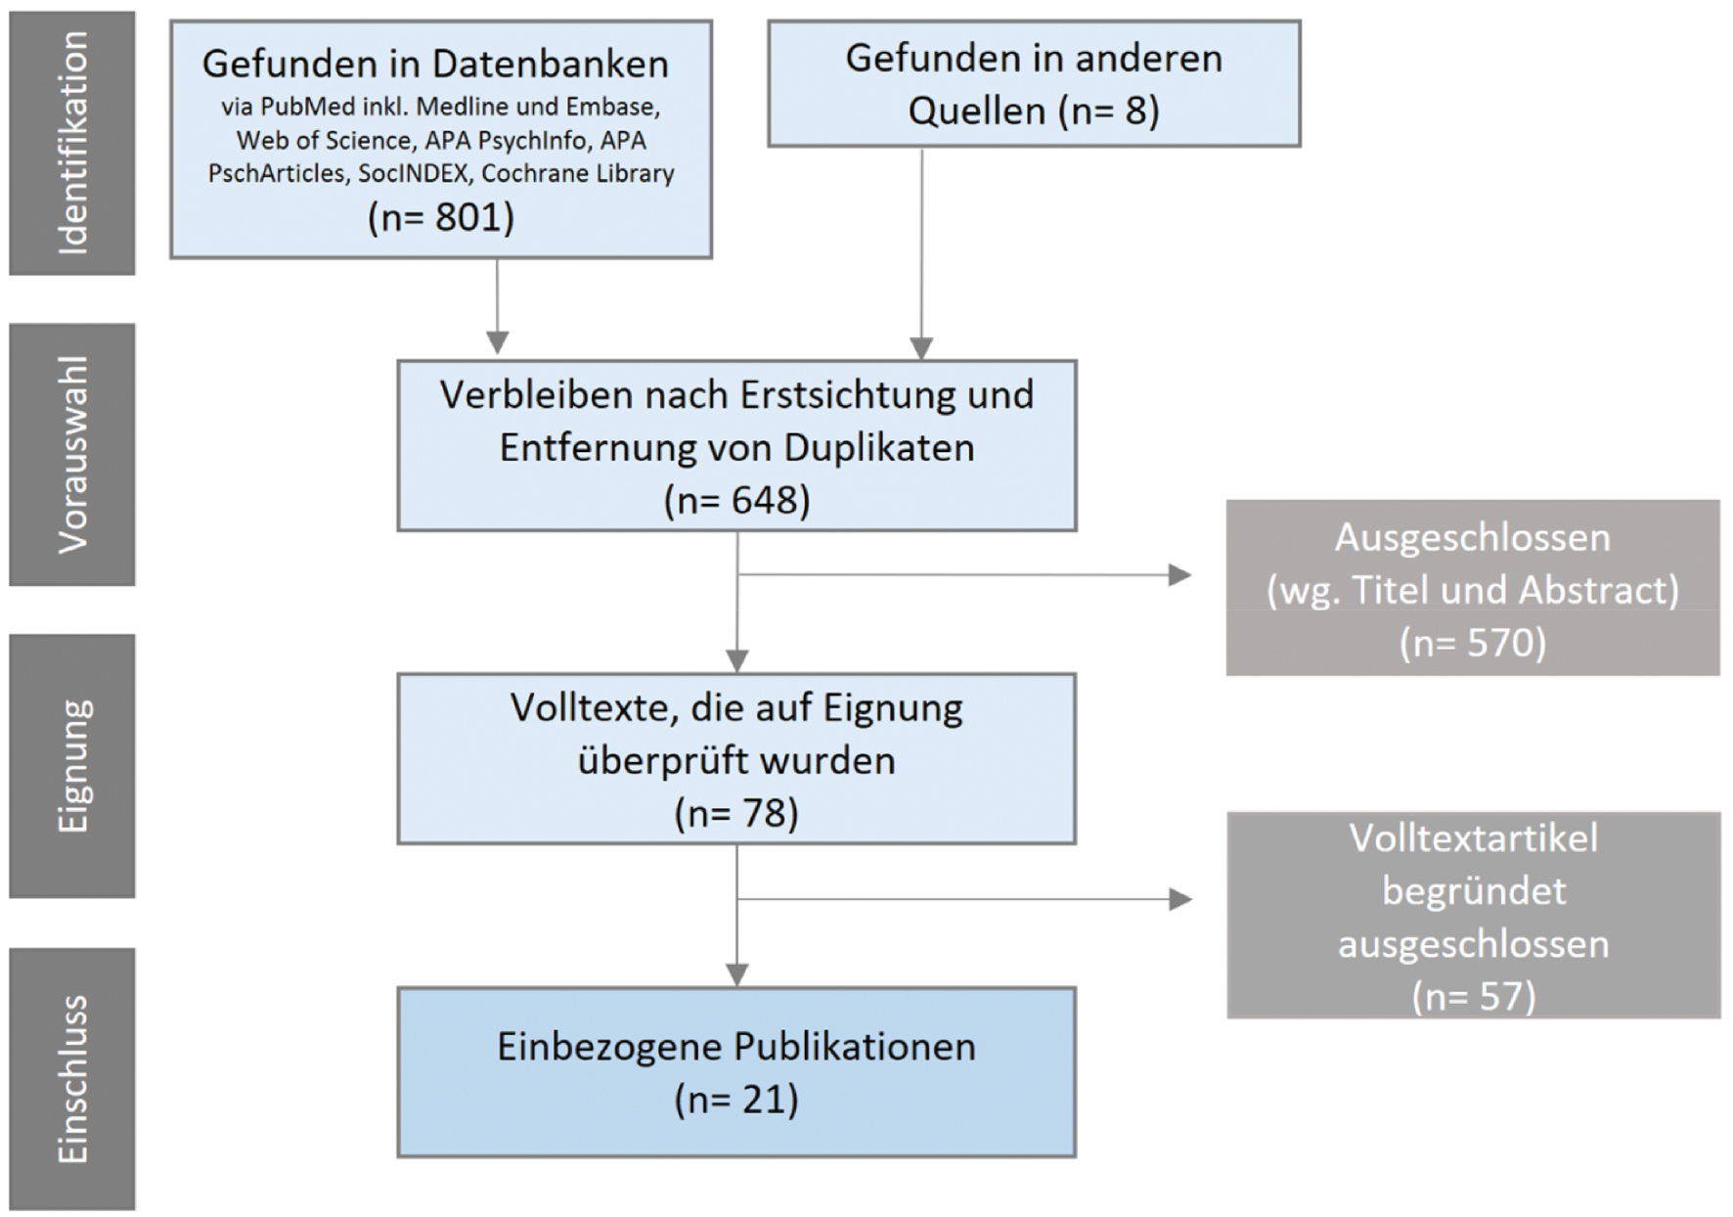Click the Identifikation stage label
[x=72, y=143]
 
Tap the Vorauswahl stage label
[x=72, y=455]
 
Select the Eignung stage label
[x=72, y=766]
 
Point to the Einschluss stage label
[x=72, y=1079]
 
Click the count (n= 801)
[x=441, y=217]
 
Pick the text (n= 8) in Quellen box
[x=1109, y=111]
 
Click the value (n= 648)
[x=736, y=501]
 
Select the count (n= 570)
[x=1473, y=644]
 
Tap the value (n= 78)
[x=736, y=814]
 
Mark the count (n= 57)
[x=1474, y=997]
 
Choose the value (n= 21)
[x=736, y=1101]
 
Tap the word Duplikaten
[x=878, y=448]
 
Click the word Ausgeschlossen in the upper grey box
[x=1472, y=538]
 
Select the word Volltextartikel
[x=1474, y=838]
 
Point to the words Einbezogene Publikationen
[x=736, y=1048]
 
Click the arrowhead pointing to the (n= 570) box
[x=1180, y=575]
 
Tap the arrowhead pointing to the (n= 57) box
[x=1180, y=899]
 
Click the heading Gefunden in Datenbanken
[x=435, y=65]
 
